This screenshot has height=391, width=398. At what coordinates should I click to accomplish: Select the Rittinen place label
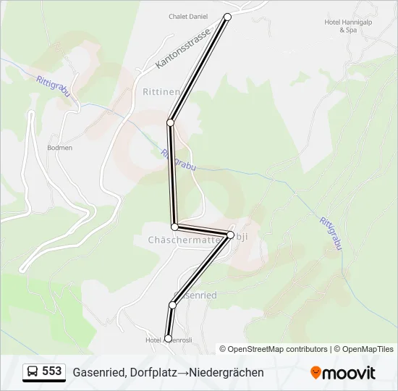point(161,92)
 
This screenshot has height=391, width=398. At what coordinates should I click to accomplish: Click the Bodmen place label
point(59,147)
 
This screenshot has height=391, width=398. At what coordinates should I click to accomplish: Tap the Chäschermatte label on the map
point(178,238)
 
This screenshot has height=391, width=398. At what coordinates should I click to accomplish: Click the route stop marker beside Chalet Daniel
point(227,17)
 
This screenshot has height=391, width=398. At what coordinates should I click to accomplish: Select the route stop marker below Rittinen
point(171,122)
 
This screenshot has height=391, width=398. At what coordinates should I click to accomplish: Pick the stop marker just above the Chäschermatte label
point(174,227)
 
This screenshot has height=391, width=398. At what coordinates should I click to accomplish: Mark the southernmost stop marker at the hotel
point(168,338)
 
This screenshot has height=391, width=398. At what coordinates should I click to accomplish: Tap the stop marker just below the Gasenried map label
point(172,306)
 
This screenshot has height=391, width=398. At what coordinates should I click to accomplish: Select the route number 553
point(52,371)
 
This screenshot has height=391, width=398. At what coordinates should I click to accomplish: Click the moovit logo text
point(349,373)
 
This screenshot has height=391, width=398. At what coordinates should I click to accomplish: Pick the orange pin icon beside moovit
point(316,373)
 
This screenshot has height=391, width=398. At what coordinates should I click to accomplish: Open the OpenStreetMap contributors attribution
point(277,349)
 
